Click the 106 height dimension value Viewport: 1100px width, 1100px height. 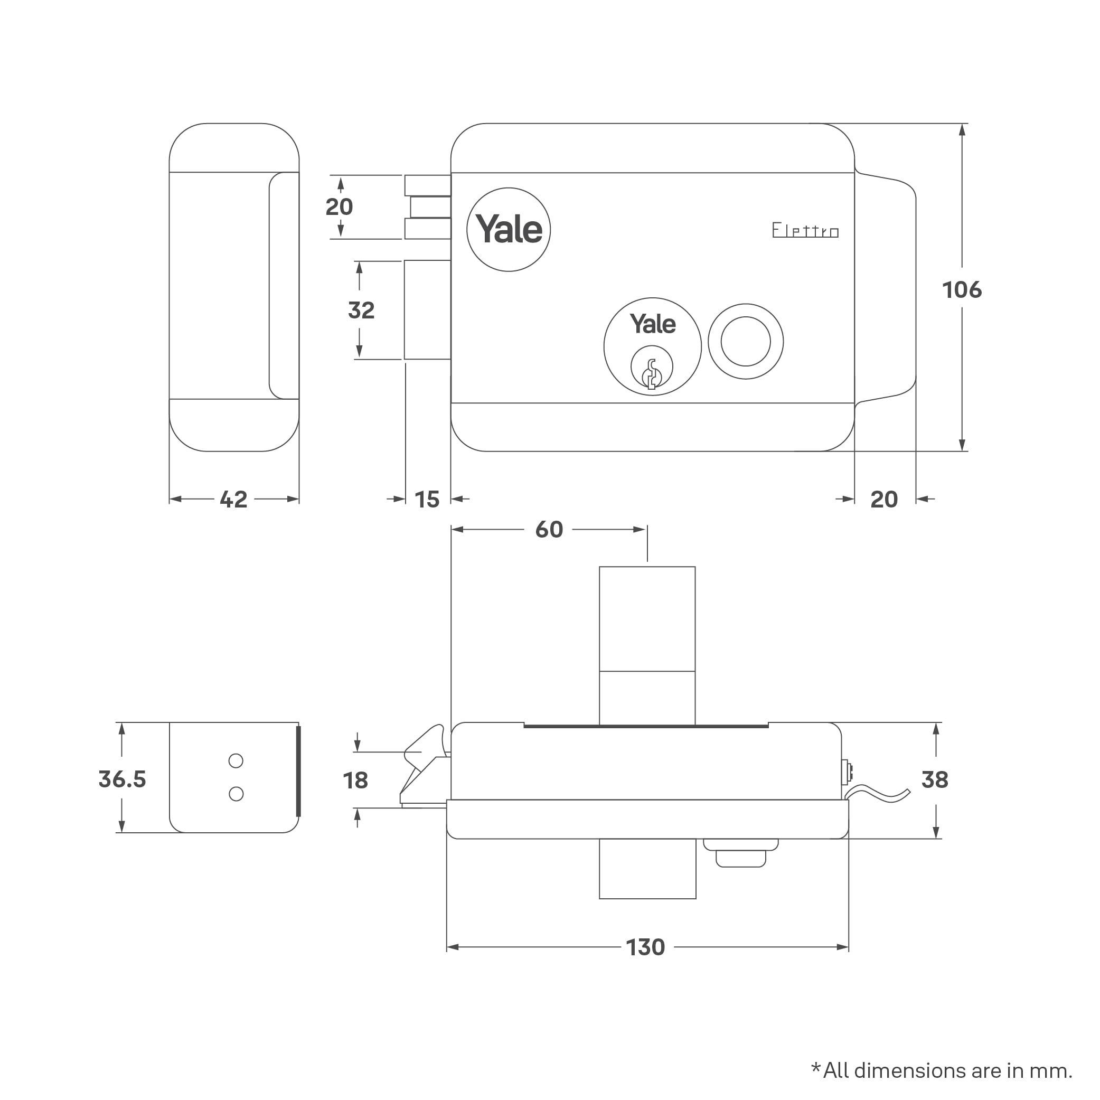[962, 290]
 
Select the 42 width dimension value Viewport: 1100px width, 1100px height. [233, 500]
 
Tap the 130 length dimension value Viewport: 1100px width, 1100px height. [645, 947]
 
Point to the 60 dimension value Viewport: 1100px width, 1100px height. [549, 530]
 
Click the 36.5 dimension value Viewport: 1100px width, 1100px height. [122, 779]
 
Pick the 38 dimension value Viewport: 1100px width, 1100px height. [934, 779]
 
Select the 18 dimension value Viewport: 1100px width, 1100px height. [355, 780]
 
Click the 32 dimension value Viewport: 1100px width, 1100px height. [361, 311]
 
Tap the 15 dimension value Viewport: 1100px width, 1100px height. [427, 500]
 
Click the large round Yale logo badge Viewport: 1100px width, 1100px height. [509, 229]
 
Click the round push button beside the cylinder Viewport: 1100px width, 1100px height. [745, 342]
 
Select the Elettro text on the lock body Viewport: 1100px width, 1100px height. [805, 231]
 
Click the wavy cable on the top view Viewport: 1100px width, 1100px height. [877, 792]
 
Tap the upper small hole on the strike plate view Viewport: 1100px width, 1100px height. [236, 760]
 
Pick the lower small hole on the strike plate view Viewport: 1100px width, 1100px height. [236, 794]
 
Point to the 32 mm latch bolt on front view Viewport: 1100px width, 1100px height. [427, 310]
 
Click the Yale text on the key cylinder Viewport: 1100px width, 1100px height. [653, 324]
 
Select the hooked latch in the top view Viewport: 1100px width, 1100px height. [424, 763]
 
